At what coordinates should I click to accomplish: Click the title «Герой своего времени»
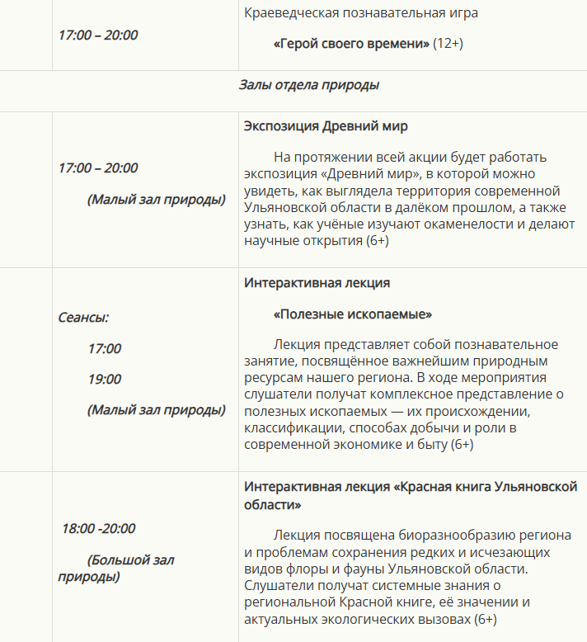tap(351, 43)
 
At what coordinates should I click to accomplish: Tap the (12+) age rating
tap(448, 43)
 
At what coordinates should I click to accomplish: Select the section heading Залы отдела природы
tap(309, 84)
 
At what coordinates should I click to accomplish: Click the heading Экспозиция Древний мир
tap(326, 126)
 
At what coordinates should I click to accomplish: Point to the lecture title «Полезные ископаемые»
tap(353, 314)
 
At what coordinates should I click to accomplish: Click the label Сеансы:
tap(83, 317)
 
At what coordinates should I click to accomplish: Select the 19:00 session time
tap(105, 379)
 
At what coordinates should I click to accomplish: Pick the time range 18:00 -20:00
tap(99, 528)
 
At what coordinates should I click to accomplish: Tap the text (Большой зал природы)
tap(115, 568)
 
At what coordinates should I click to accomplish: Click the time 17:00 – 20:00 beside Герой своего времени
tap(98, 35)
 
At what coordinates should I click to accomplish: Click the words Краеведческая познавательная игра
tap(361, 12)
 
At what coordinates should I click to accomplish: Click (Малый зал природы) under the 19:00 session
tap(157, 409)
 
